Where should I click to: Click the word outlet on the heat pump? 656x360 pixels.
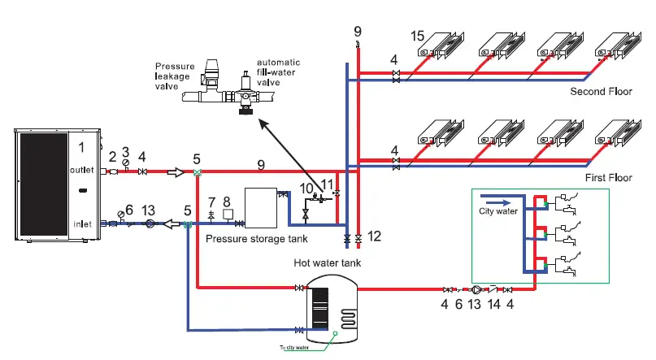tap(83, 170)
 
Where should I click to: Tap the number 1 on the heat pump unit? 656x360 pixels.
tap(81, 147)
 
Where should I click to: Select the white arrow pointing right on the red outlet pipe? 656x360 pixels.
tap(176, 172)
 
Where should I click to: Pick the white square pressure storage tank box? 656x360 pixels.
tap(262, 207)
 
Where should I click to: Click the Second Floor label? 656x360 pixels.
tap(600, 91)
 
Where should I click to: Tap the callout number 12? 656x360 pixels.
tap(373, 236)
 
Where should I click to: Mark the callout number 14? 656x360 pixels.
tap(492, 304)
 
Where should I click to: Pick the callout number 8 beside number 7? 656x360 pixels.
tap(227, 200)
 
